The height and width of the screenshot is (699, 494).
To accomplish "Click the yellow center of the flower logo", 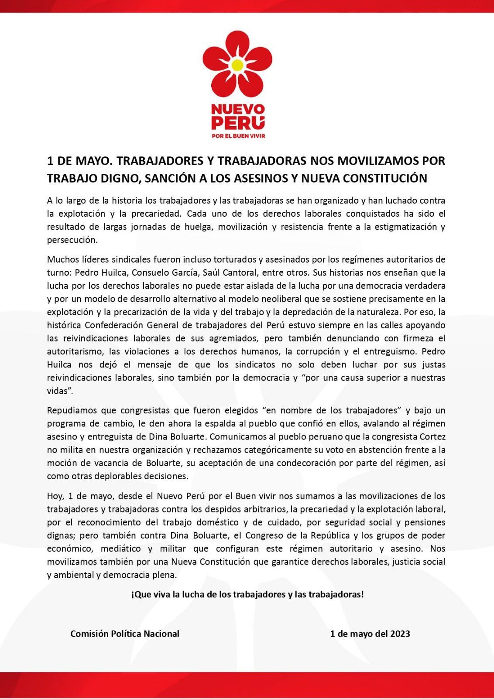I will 237,66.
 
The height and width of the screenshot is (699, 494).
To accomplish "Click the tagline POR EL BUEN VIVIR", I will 238,136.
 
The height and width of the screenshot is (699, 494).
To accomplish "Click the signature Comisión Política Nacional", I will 125,633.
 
